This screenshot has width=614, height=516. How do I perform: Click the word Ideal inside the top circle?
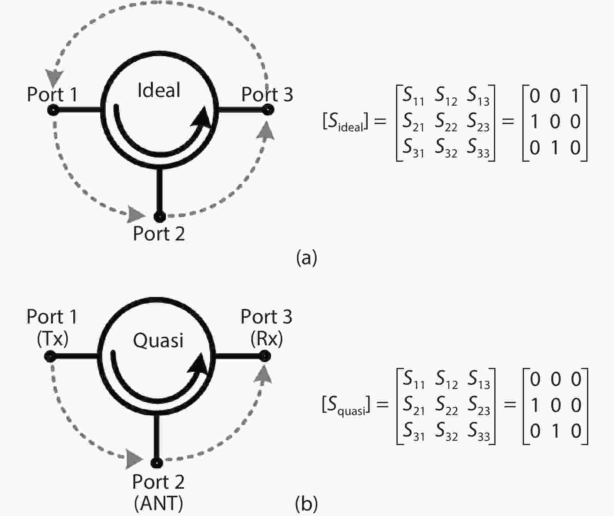(159, 90)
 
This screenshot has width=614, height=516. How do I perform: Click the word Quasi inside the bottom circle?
(158, 340)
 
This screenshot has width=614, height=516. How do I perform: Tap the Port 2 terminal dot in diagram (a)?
(159, 216)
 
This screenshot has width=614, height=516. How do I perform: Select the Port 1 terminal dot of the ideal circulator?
(53, 111)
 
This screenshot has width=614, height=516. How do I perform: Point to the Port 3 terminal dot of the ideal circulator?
(267, 111)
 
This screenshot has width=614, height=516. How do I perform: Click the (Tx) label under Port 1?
(53, 339)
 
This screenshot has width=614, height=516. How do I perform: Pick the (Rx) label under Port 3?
(267, 339)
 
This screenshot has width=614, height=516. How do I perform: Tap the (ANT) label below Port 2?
(158, 503)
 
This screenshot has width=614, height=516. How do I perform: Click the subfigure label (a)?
(306, 258)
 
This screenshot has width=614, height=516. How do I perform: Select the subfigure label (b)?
(306, 504)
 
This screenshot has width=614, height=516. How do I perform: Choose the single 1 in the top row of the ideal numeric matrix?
(575, 96)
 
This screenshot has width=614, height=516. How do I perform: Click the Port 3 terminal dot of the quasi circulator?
(265, 356)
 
